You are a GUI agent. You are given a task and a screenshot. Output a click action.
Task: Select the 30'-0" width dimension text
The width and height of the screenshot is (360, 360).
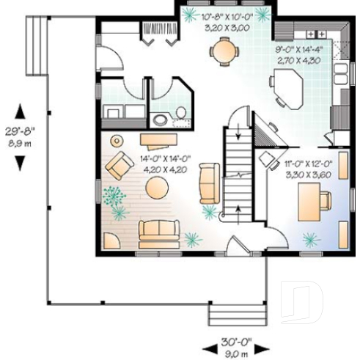click(x=235, y=341)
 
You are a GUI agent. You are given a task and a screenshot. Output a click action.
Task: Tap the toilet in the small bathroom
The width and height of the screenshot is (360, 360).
click(x=161, y=120)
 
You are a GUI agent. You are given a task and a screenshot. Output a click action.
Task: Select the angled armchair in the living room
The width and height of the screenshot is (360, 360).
click(x=118, y=167)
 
